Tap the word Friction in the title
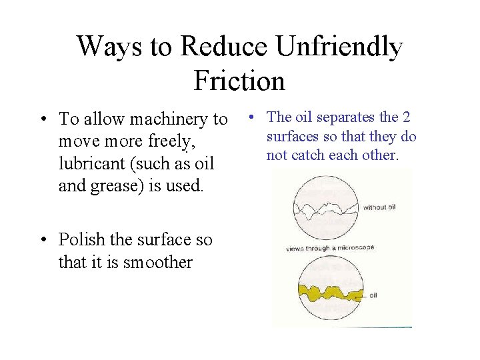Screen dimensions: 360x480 pyautogui.click(x=239, y=81)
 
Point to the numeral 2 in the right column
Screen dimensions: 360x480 pyautogui.click(x=406, y=117)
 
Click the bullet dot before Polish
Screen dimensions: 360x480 pyautogui.click(x=42, y=240)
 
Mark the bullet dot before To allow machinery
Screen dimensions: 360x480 pyautogui.click(x=42, y=120)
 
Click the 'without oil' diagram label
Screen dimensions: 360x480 pyautogui.click(x=379, y=207)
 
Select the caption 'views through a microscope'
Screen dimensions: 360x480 pyautogui.click(x=330, y=248)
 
